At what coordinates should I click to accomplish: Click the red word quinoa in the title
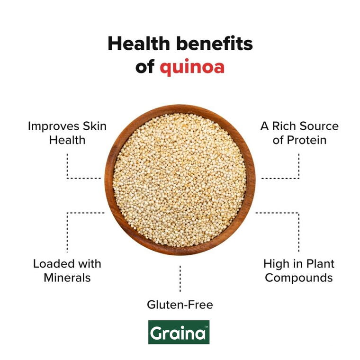(192, 67)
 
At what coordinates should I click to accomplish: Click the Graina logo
(179, 332)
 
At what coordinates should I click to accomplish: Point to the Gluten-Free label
(180, 305)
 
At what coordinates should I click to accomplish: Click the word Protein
(306, 140)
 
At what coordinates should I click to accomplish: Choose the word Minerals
(67, 278)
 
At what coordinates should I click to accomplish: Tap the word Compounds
(298, 278)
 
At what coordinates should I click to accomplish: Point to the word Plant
(320, 264)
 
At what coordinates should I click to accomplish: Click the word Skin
(95, 126)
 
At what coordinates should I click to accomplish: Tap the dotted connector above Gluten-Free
(180, 279)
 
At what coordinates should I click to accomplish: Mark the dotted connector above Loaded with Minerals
(67, 232)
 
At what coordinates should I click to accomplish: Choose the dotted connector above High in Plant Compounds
(299, 232)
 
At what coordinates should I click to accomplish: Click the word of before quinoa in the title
(145, 67)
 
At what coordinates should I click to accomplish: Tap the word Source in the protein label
(320, 126)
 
